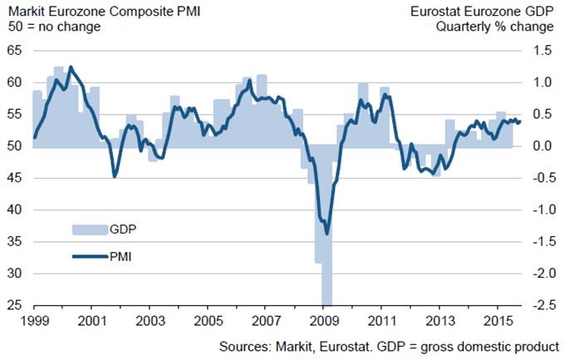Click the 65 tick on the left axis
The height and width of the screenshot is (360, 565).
(14, 51)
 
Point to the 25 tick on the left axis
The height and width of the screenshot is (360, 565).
(14, 306)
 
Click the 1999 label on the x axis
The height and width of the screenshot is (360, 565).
(32, 320)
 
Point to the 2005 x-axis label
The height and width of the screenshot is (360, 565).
(209, 320)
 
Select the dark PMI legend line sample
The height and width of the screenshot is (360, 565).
(86, 257)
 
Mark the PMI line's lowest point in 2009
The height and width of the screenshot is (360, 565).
(327, 234)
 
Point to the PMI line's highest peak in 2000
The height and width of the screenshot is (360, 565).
(71, 67)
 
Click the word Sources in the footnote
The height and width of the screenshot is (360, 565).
(244, 345)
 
